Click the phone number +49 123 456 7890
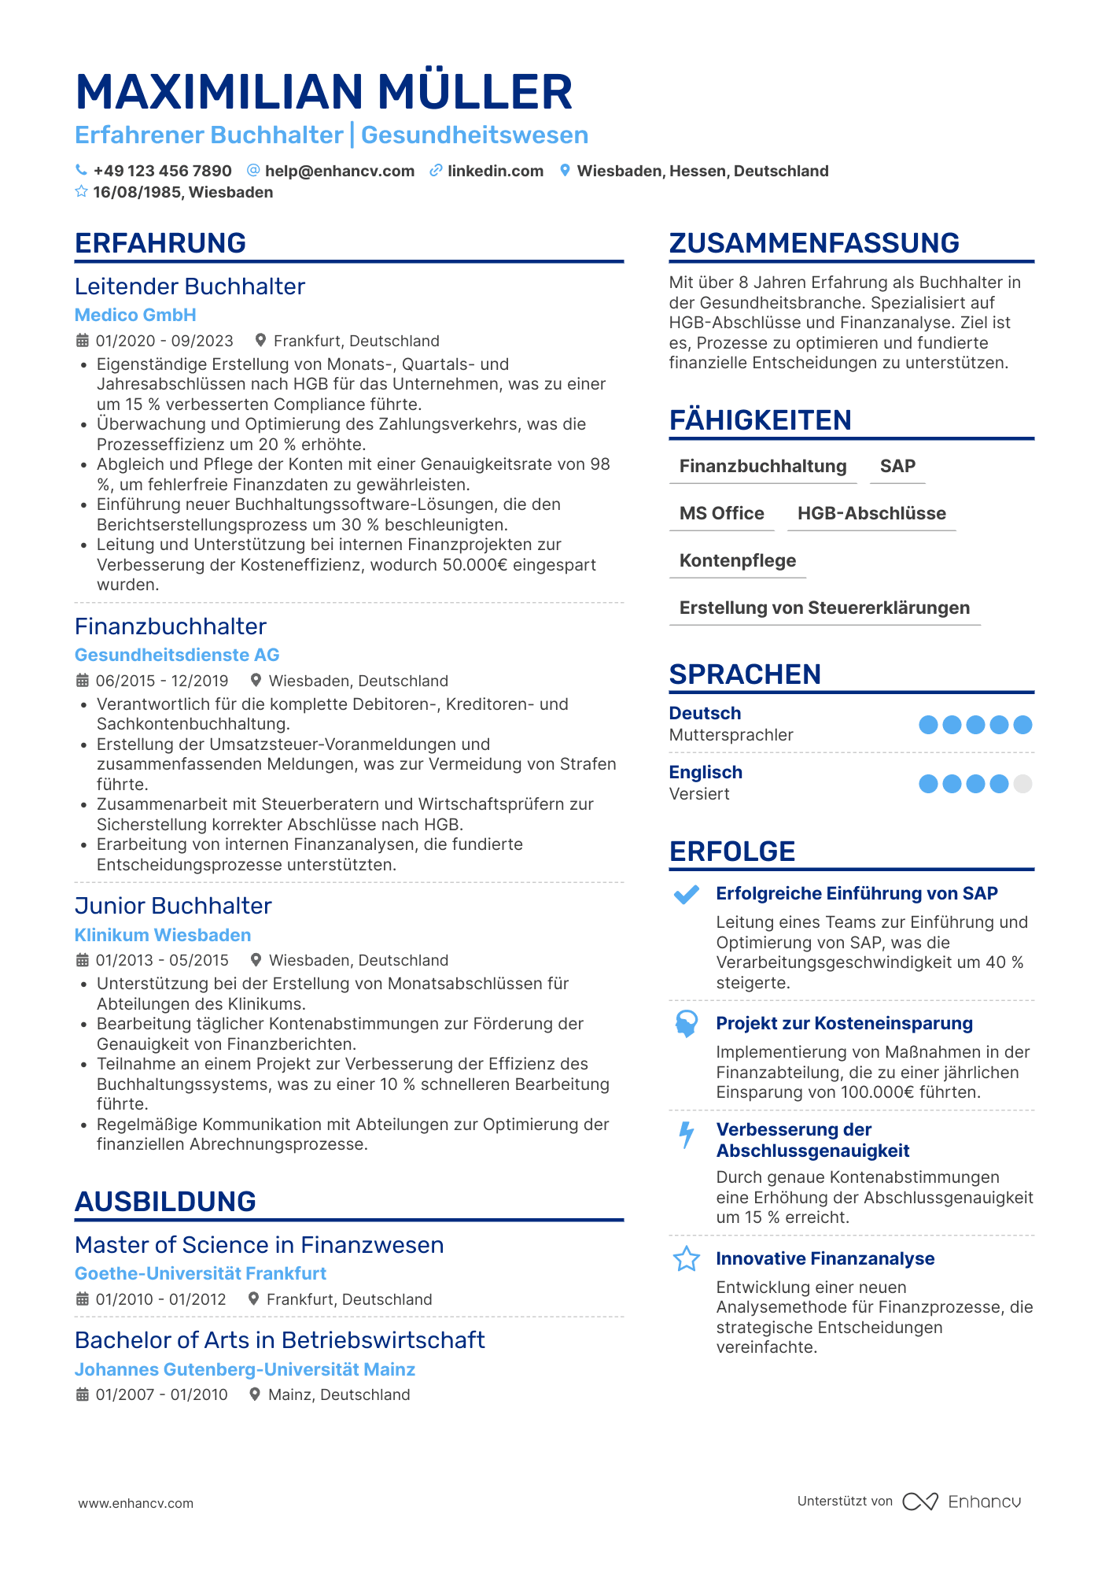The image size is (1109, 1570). coord(162,171)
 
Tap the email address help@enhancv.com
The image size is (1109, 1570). coord(339,171)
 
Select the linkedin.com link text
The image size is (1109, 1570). coord(495,171)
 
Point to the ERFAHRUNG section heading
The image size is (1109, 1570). coord(160,243)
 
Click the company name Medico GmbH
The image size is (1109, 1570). coord(135,315)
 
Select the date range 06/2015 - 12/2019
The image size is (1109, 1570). coord(162,681)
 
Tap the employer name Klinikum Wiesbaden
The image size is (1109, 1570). coord(163,935)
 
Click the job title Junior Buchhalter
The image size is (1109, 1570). coord(173,906)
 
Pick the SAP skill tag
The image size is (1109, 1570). coord(897,466)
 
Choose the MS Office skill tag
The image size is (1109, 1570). coord(721,513)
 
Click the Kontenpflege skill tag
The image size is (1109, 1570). coord(738,560)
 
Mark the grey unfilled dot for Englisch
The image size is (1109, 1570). coord(1022,784)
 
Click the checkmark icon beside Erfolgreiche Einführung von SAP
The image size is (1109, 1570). coord(687,895)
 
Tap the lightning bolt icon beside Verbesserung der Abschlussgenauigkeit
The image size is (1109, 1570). coord(687,1134)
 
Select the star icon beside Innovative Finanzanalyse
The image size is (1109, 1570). coord(687,1259)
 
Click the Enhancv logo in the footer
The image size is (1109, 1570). coord(962,1502)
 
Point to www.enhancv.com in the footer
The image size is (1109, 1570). coord(135,1503)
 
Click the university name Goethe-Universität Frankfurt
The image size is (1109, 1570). coord(201,1273)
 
